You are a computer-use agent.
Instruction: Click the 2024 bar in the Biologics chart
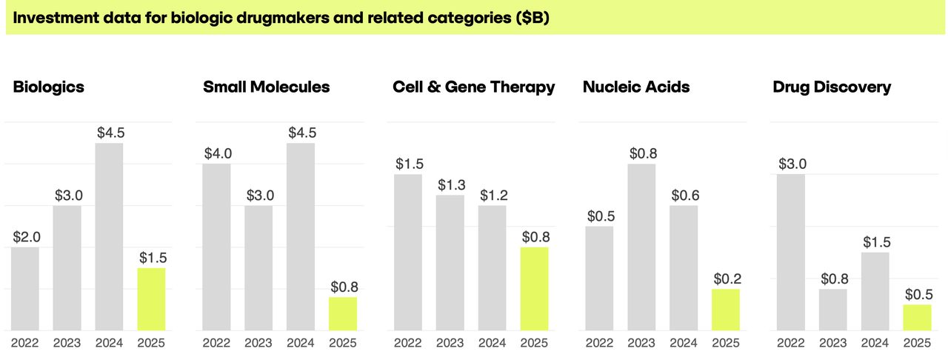[x=109, y=237]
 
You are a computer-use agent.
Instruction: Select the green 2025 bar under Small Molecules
[x=343, y=314]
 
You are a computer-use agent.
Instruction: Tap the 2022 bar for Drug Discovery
[x=791, y=253]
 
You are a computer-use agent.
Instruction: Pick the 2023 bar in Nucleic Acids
[x=641, y=247]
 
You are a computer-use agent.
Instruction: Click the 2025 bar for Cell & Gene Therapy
[x=535, y=289]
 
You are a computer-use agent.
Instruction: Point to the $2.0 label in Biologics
[x=27, y=237]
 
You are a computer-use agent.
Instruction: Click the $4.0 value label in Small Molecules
[x=218, y=153]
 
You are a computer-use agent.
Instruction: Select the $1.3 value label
[x=452, y=184]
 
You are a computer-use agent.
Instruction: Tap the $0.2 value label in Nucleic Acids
[x=727, y=279]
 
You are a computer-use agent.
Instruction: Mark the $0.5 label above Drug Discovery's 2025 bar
[x=919, y=294]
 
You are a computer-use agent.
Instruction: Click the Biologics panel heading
[x=49, y=87]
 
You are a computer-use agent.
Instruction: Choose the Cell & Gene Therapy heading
[x=473, y=87]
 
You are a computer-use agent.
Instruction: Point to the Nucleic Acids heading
[x=636, y=87]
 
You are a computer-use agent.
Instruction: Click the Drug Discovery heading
[x=832, y=87]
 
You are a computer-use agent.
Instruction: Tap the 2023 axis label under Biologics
[x=67, y=343]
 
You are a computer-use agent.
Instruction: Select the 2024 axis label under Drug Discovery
[x=875, y=343]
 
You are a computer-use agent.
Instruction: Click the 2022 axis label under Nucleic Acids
[x=599, y=343]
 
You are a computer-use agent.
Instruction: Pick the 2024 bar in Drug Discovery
[x=875, y=291]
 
